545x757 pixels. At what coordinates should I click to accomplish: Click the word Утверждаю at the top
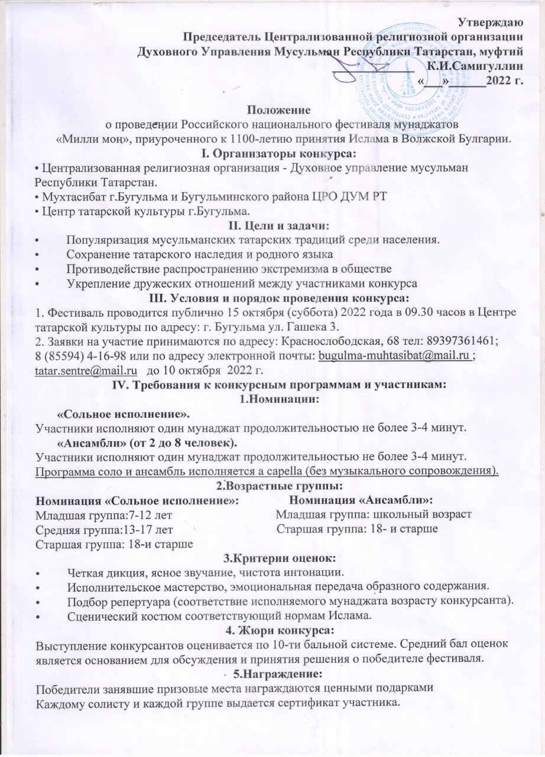490,24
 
